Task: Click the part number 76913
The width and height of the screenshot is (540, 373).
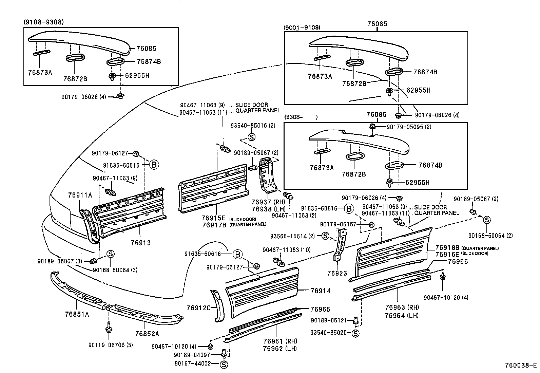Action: pyautogui.click(x=140, y=243)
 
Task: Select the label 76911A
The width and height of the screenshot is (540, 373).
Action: pyautogui.click(x=80, y=195)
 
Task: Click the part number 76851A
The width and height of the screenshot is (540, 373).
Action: pyautogui.click(x=77, y=314)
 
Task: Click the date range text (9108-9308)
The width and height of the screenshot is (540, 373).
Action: pyautogui.click(x=43, y=22)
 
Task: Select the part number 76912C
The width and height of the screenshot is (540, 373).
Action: pyautogui.click(x=198, y=308)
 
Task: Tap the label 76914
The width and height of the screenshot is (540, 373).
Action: pyautogui.click(x=320, y=291)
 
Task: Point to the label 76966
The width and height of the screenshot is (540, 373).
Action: pyautogui.click(x=458, y=261)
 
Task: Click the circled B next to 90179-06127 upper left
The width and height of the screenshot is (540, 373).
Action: pyautogui.click(x=154, y=165)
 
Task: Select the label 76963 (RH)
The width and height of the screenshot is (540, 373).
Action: pyautogui.click(x=402, y=308)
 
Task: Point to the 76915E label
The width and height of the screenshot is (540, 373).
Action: pyautogui.click(x=214, y=218)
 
